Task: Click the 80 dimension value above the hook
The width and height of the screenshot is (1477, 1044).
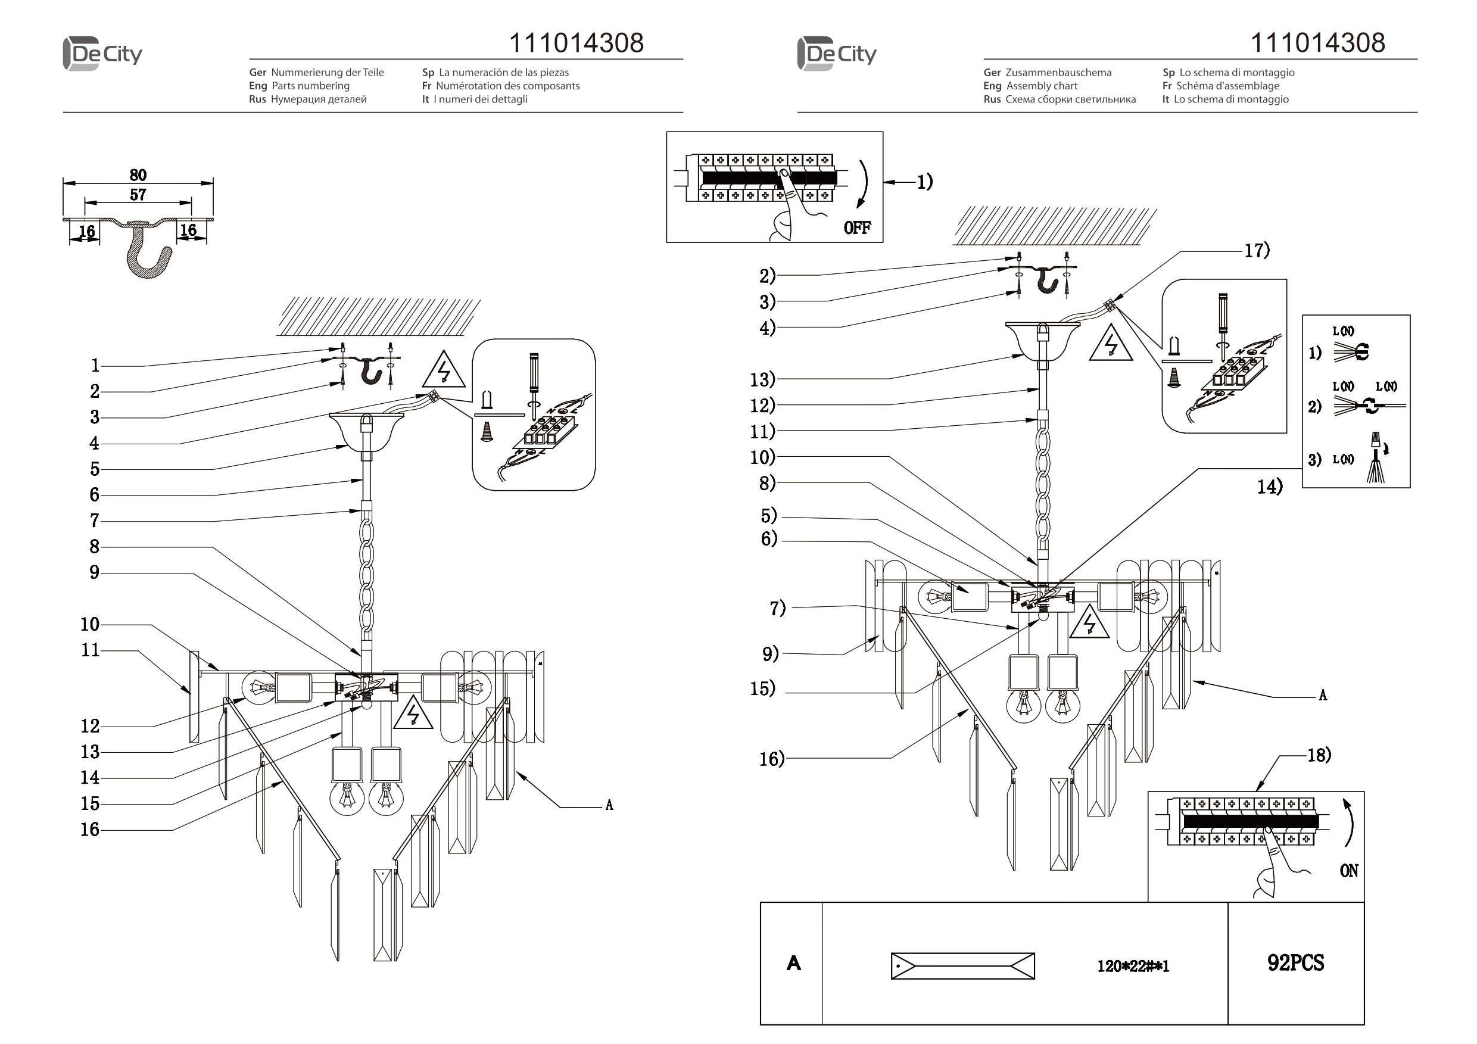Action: tap(138, 175)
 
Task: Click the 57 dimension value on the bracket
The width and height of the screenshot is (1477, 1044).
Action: tap(138, 194)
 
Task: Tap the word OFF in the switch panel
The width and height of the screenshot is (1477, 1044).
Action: tap(857, 228)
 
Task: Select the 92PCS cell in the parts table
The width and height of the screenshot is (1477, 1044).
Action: tap(1295, 962)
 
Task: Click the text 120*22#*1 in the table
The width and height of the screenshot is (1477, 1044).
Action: tap(1133, 966)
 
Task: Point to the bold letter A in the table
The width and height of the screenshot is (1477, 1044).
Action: tap(793, 963)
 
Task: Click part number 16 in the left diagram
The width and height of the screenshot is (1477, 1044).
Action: tap(89, 829)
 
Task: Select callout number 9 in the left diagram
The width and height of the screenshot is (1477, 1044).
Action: tap(94, 572)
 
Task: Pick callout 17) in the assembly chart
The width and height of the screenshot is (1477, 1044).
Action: tap(1257, 250)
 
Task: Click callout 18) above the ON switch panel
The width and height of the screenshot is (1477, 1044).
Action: tap(1319, 755)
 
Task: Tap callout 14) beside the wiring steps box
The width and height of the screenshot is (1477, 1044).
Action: tap(1270, 487)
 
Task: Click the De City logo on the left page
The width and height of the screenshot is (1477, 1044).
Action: tap(103, 54)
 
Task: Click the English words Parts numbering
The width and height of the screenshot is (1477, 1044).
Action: tap(310, 86)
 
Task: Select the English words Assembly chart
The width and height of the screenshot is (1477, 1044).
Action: tap(1042, 86)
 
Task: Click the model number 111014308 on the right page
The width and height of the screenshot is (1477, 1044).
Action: tap(1317, 43)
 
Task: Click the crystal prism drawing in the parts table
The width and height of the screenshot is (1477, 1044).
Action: tap(962, 966)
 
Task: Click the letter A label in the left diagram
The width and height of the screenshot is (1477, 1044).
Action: tap(609, 805)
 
